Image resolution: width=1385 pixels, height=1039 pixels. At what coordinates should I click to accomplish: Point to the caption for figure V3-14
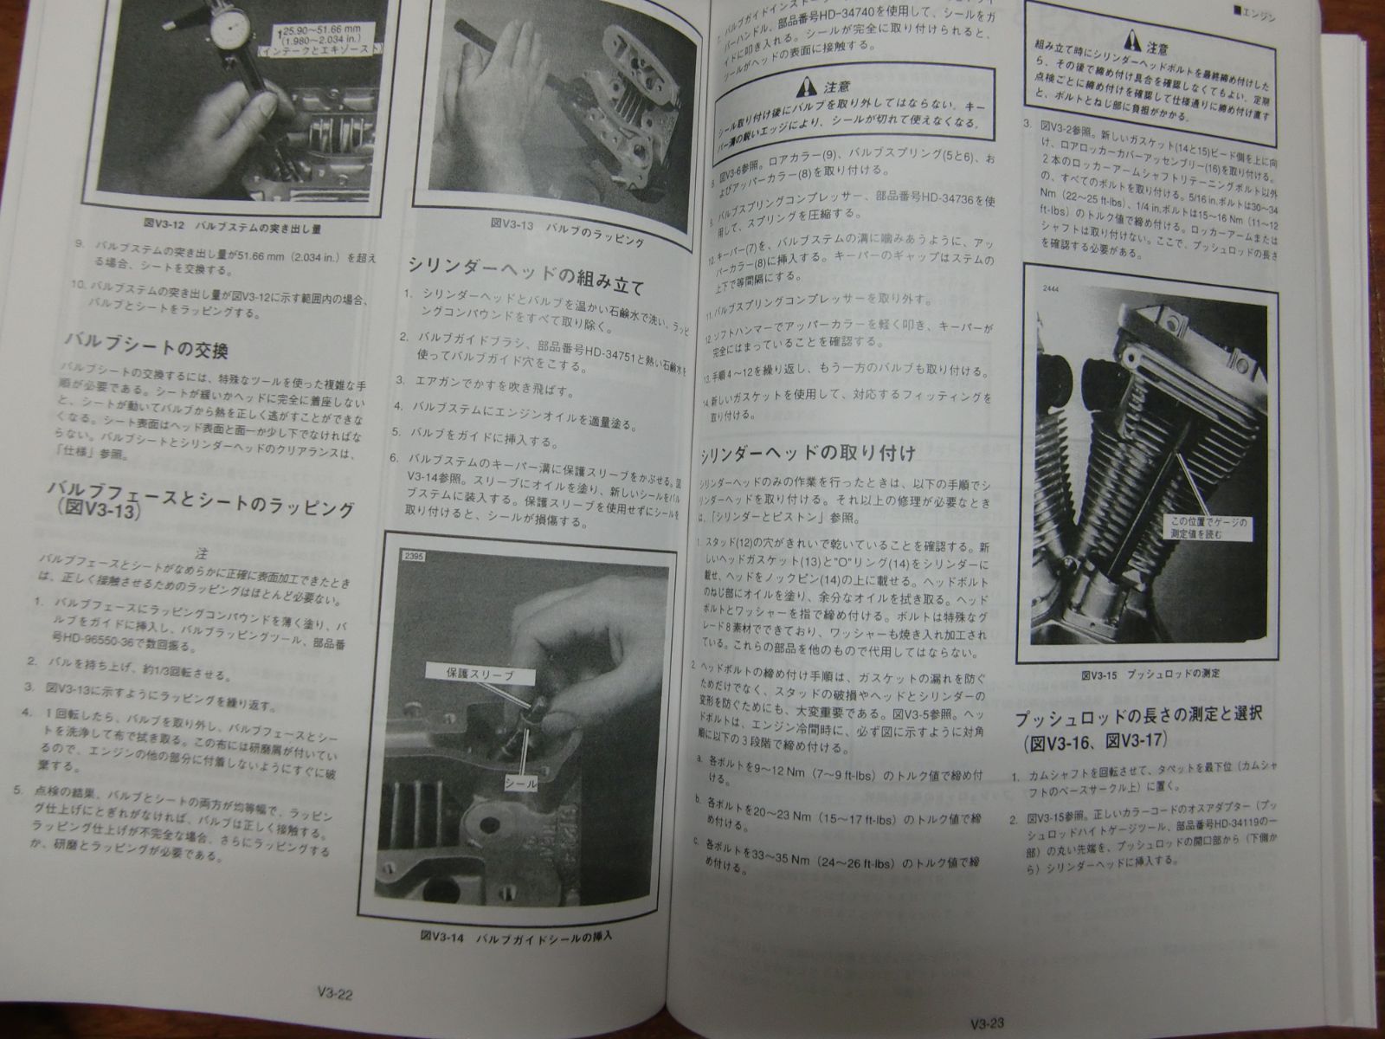tap(524, 937)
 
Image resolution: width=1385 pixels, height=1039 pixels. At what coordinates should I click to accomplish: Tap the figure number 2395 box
tap(411, 558)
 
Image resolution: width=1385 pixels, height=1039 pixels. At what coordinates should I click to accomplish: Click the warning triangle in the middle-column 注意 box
tap(807, 87)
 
